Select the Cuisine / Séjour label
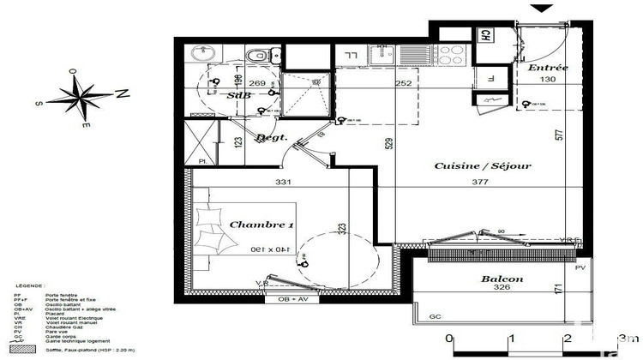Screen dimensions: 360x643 click(x=483, y=165)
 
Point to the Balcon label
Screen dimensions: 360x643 click(x=502, y=279)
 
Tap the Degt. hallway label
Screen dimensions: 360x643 click(x=271, y=138)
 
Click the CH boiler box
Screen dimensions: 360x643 click(x=485, y=37)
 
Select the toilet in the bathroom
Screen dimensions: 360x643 click(x=255, y=55)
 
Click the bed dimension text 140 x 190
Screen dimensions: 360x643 click(x=271, y=249)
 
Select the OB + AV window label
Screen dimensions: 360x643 click(x=294, y=299)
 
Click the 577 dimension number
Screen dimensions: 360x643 click(x=558, y=135)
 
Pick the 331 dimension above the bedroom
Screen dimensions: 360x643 click(x=284, y=182)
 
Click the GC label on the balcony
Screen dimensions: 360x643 click(x=436, y=317)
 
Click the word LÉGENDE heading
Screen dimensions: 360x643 click(x=31, y=286)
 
